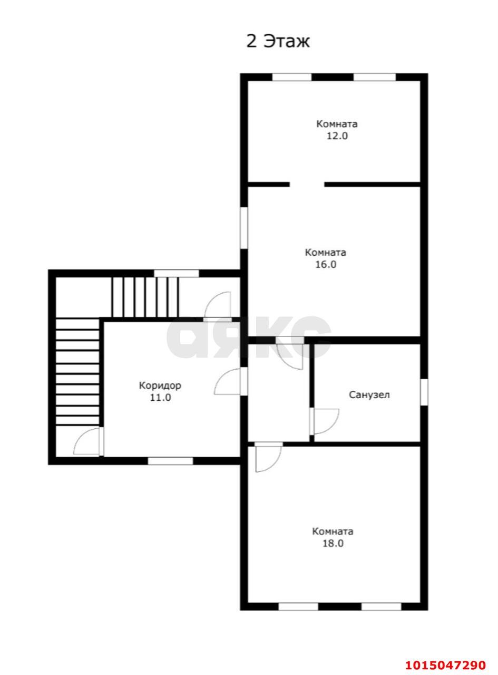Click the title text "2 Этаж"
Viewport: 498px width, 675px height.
coord(277,41)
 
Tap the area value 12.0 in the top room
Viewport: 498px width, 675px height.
coord(337,136)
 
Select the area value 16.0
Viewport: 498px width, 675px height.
coord(325,264)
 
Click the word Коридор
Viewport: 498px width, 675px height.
coord(160,385)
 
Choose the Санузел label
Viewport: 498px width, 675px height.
coord(369,395)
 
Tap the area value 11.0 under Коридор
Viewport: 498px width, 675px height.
coord(160,398)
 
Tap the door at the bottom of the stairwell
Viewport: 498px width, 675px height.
coord(87,441)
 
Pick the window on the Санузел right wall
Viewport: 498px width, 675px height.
coord(424,392)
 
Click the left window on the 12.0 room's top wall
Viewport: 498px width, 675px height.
coord(292,77)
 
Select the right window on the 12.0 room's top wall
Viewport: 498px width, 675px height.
coord(375,77)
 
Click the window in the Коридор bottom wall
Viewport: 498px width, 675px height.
coord(170,461)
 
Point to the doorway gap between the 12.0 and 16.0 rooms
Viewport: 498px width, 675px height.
coord(307,185)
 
